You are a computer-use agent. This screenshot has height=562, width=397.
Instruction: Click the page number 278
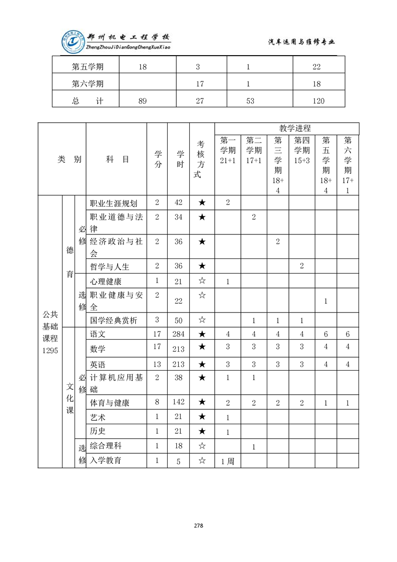[198, 525]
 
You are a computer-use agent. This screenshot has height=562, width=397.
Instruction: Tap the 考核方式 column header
[202, 159]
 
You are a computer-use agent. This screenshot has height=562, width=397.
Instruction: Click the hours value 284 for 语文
[178, 334]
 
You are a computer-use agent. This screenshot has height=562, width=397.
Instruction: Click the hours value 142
[178, 402]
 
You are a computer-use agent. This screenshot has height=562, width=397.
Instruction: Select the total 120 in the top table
[317, 101]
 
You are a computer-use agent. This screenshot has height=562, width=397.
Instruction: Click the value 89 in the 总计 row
[143, 101]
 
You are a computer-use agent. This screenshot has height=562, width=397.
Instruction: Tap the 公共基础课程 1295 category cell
[50, 332]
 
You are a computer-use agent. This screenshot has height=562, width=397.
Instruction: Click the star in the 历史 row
[202, 431]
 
